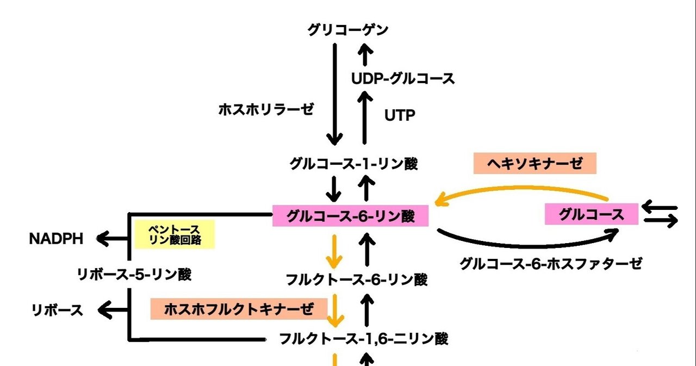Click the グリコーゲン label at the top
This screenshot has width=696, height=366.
(348, 30)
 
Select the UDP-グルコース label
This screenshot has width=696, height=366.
(403, 79)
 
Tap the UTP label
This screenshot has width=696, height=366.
(400, 115)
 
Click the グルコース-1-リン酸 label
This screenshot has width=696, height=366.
(354, 163)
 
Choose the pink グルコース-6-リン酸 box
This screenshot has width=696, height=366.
(351, 216)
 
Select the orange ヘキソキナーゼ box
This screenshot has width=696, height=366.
(535, 163)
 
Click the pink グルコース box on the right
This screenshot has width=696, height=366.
(592, 215)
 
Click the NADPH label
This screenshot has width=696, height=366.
(57, 238)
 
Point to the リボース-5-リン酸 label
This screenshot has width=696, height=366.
(134, 275)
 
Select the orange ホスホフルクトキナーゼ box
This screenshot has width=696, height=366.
(239, 309)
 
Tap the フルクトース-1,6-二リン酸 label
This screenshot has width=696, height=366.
(363, 339)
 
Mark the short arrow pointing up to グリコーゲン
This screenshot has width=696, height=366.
(365, 54)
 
